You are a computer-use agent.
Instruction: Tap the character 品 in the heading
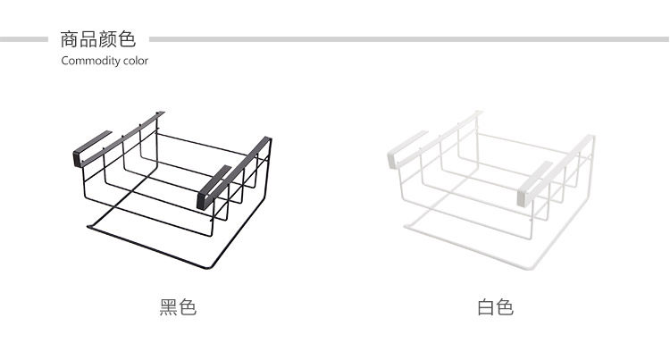(88, 39)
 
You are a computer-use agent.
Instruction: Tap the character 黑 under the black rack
(169, 308)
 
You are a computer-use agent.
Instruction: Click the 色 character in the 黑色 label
(188, 308)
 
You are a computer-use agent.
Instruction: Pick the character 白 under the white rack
(486, 308)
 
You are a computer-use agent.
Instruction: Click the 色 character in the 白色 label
(505, 308)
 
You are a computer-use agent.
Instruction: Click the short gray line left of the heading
(24, 39)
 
